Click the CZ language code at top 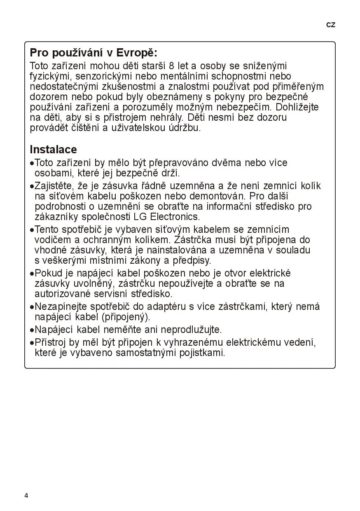tap(331, 25)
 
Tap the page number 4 tap(26, 495)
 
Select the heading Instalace tap(53, 149)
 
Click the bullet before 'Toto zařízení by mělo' tap(32, 163)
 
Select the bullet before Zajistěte tap(32, 186)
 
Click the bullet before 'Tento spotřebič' tap(32, 230)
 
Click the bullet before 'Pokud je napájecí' tap(32, 274)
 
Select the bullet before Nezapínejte tap(32, 307)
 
